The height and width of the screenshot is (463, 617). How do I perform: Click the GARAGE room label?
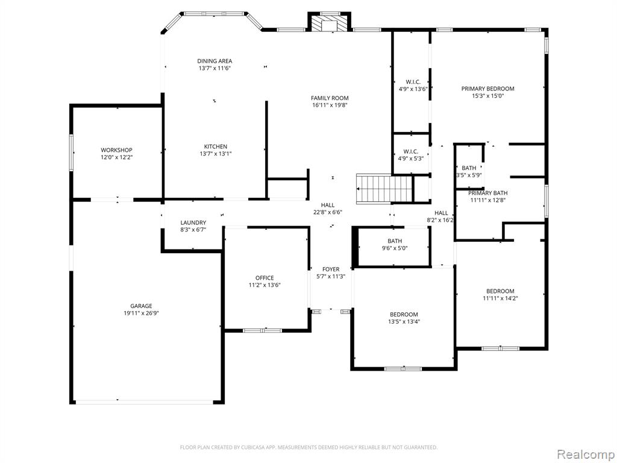[x=141, y=306]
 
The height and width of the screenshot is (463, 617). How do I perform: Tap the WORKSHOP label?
[x=116, y=150]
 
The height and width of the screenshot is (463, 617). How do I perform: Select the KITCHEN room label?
[x=216, y=146]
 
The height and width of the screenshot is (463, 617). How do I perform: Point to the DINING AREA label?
[x=215, y=61]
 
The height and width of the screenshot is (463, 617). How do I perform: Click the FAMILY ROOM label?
[x=330, y=98]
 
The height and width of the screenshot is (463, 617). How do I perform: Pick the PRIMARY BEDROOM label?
[x=488, y=89]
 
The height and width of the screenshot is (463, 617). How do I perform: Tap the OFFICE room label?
[x=265, y=278]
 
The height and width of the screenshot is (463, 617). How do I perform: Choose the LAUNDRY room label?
[x=193, y=222]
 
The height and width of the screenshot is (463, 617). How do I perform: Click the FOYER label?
[x=331, y=269]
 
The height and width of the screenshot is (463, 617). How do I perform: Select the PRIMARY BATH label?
[x=488, y=193]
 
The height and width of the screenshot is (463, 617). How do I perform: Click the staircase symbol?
[x=384, y=189]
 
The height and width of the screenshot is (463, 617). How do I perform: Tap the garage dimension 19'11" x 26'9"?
[x=141, y=313]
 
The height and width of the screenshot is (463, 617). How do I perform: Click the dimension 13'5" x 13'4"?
[x=404, y=322]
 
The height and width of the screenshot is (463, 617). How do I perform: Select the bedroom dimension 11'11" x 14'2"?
[x=501, y=298]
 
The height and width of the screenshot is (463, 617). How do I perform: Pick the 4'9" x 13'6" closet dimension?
[x=413, y=89]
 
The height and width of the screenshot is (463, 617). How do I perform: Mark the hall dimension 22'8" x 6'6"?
[x=328, y=212]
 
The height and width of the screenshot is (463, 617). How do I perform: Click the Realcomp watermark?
[x=586, y=455]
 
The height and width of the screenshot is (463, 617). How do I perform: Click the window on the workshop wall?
[x=72, y=153]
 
